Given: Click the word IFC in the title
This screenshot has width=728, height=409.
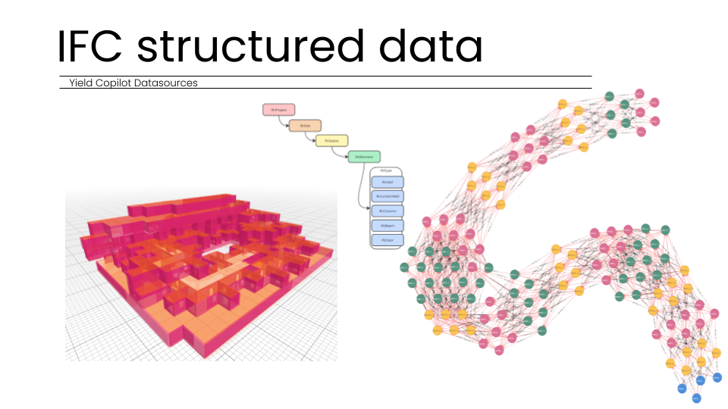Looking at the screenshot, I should click(91, 47).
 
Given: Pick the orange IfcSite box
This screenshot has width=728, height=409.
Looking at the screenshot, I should click(306, 126).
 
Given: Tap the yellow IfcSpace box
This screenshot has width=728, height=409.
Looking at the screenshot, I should click(332, 141).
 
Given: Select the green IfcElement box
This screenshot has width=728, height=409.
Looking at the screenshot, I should click(362, 157).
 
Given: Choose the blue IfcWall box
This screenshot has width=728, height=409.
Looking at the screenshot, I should click(388, 183).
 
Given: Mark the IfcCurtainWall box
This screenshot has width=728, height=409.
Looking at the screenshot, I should click(388, 197).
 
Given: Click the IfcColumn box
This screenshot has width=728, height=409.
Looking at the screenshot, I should click(388, 211).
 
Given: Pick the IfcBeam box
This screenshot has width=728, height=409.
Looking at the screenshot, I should click(388, 226).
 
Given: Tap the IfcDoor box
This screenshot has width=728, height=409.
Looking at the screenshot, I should click(388, 240).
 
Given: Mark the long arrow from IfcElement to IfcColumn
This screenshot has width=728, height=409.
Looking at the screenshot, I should click(360, 189).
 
